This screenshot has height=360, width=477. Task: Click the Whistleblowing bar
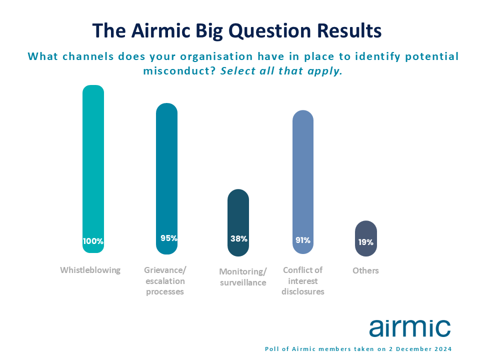[93, 169]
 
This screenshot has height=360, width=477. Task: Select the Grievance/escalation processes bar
[166, 178]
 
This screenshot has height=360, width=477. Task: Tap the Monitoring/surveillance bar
[238, 222]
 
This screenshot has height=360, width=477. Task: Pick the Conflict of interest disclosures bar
[303, 182]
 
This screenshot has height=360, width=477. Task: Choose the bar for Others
[366, 238]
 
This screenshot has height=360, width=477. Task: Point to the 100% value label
[93, 241]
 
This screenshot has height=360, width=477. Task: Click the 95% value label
[169, 238]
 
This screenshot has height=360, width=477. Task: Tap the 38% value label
[239, 239]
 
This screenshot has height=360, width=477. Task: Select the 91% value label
[303, 240]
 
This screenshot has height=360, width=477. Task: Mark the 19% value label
[365, 242]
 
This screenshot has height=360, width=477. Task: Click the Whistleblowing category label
[90, 270]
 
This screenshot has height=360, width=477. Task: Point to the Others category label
[365, 270]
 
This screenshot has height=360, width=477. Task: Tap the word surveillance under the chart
[243, 282]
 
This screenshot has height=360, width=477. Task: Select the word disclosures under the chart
[303, 291]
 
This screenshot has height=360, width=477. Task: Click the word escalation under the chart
[165, 281]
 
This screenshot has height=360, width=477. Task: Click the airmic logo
[410, 327]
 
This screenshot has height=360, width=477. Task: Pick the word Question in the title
[269, 31]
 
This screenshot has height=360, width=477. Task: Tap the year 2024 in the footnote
[443, 349]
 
